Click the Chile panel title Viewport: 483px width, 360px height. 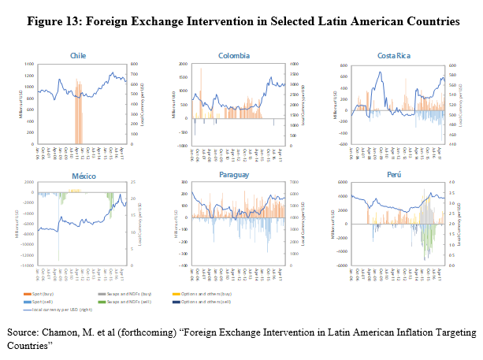click(x=78, y=56)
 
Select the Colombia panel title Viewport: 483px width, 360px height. click(x=234, y=56)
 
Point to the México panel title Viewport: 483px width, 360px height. click(x=78, y=175)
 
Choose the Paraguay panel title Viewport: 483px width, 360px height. click(x=234, y=175)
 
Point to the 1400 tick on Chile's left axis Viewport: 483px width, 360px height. click(x=30, y=65)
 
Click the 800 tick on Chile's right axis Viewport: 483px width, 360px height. click(x=134, y=65)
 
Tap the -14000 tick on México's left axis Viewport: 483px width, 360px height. click(x=28, y=266)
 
